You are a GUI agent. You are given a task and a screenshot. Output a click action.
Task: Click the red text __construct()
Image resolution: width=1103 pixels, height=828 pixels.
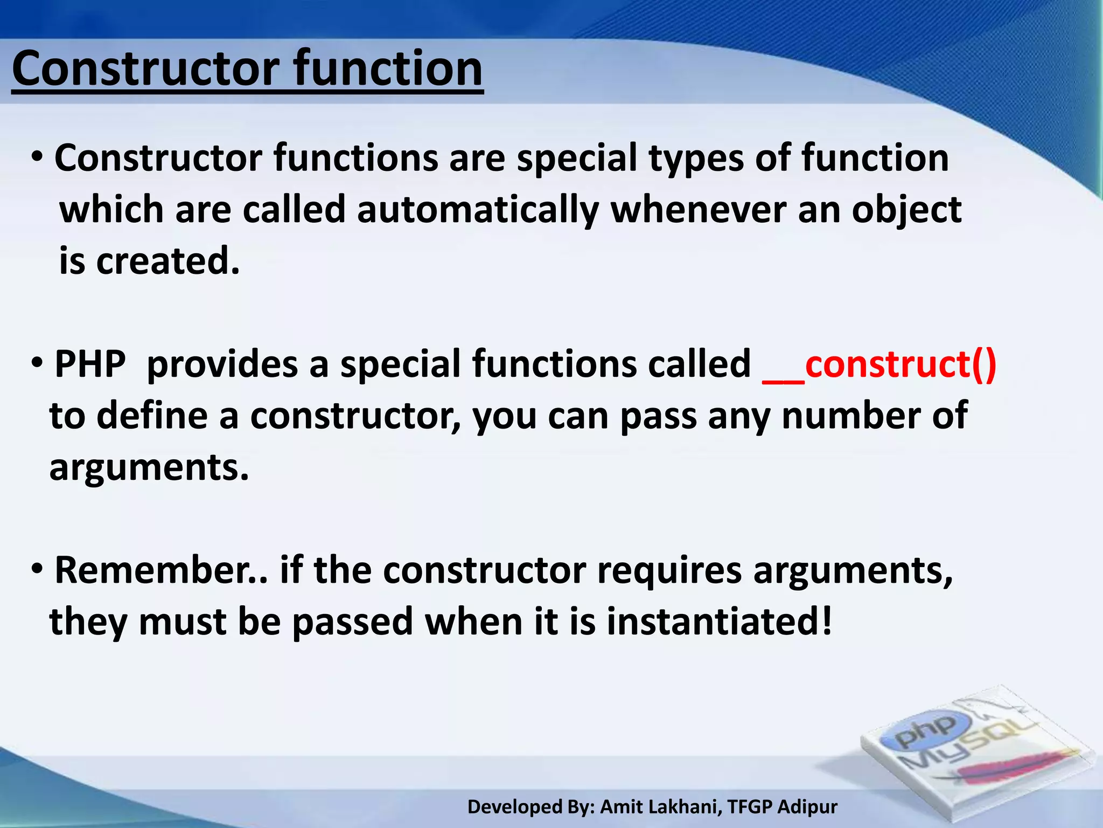pyautogui.click(x=879, y=365)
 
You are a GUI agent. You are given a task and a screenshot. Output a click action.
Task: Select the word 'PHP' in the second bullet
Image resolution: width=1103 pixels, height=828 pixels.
pyautogui.click(x=90, y=365)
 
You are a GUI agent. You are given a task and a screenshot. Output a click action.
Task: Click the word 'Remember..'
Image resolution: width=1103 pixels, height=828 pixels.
pyautogui.click(x=161, y=571)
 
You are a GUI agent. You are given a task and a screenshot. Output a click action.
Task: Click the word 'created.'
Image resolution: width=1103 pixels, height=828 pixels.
pyautogui.click(x=167, y=261)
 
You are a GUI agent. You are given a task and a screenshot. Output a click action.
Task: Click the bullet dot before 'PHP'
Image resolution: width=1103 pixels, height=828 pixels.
pyautogui.click(x=37, y=363)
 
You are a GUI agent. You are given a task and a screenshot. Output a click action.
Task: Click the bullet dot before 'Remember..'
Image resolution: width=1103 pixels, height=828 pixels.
pyautogui.click(x=37, y=569)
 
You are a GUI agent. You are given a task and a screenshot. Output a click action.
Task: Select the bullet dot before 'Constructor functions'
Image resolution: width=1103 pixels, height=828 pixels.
pyautogui.click(x=37, y=157)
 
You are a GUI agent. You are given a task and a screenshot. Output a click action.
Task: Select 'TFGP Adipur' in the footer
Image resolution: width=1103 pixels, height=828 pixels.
pyautogui.click(x=782, y=807)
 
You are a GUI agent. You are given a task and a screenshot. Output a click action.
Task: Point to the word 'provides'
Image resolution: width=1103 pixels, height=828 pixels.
pyautogui.click(x=222, y=365)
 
